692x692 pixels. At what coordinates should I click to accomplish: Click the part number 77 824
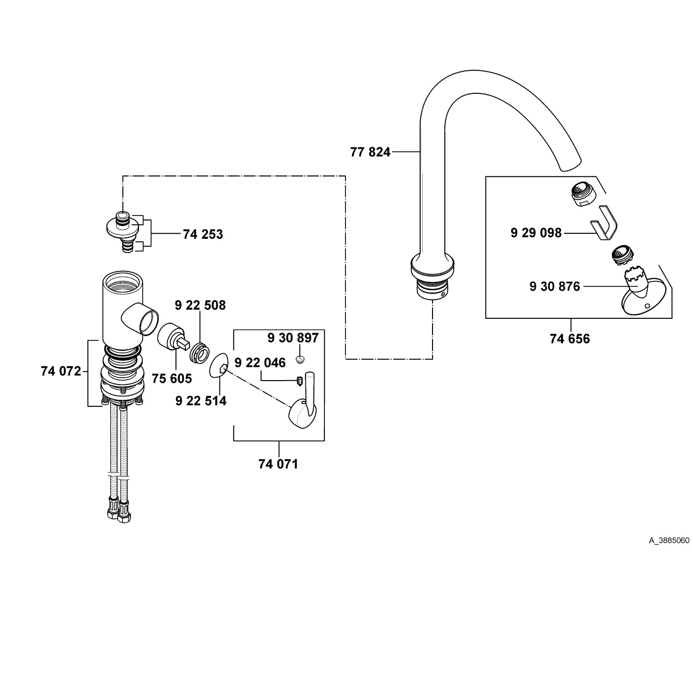[x=370, y=152]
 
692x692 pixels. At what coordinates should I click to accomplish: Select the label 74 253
[x=203, y=234]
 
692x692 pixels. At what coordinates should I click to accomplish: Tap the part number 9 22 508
[x=200, y=305]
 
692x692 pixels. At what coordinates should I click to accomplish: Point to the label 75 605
[x=172, y=379]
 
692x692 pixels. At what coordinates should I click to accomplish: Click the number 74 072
[x=61, y=371]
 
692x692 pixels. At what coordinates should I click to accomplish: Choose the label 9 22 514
[x=201, y=401]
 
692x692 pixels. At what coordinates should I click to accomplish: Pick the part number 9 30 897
[x=293, y=338]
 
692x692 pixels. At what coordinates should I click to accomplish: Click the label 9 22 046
[x=260, y=363]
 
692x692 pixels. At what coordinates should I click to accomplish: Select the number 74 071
[x=278, y=464]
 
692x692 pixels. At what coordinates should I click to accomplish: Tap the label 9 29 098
[x=536, y=232]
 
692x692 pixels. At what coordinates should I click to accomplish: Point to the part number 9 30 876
[x=555, y=286]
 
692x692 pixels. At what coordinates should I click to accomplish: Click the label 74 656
[x=569, y=339]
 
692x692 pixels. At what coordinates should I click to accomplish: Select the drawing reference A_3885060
[x=669, y=540]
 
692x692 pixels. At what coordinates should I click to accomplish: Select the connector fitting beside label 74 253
[x=123, y=231]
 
